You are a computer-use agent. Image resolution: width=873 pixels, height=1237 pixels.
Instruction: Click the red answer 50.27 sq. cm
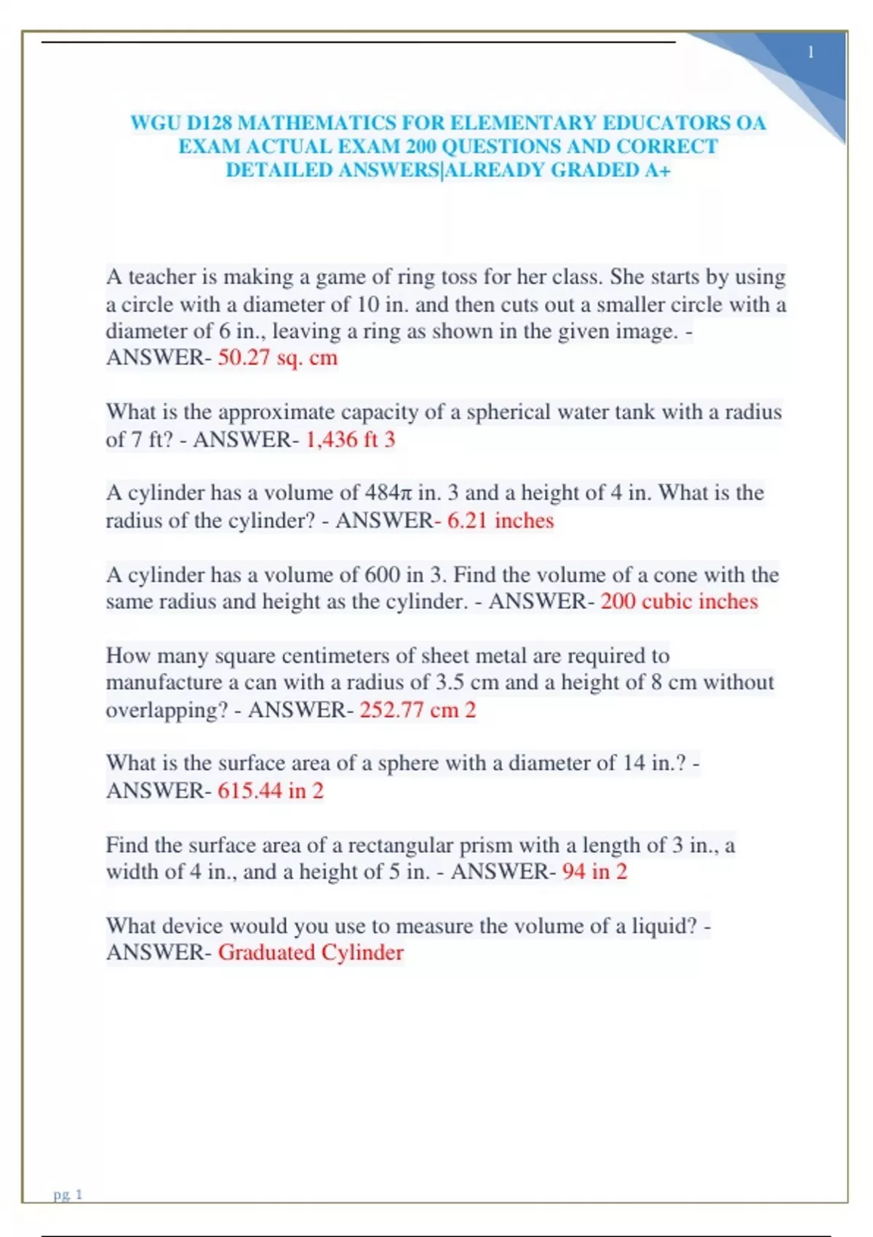click(278, 358)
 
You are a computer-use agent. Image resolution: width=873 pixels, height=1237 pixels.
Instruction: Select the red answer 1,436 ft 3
click(350, 439)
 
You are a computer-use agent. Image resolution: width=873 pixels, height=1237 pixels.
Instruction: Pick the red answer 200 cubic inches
click(679, 602)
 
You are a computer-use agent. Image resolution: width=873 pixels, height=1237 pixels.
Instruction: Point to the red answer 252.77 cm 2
click(418, 709)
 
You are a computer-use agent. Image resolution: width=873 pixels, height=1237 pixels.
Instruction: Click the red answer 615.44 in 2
click(271, 790)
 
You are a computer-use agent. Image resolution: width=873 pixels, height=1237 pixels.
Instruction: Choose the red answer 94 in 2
click(594, 872)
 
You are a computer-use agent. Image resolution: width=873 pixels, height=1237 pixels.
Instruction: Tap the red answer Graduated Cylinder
click(311, 952)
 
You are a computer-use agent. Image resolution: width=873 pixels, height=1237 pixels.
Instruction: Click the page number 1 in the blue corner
click(810, 52)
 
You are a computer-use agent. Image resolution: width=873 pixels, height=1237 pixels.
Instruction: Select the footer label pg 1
click(68, 1194)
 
